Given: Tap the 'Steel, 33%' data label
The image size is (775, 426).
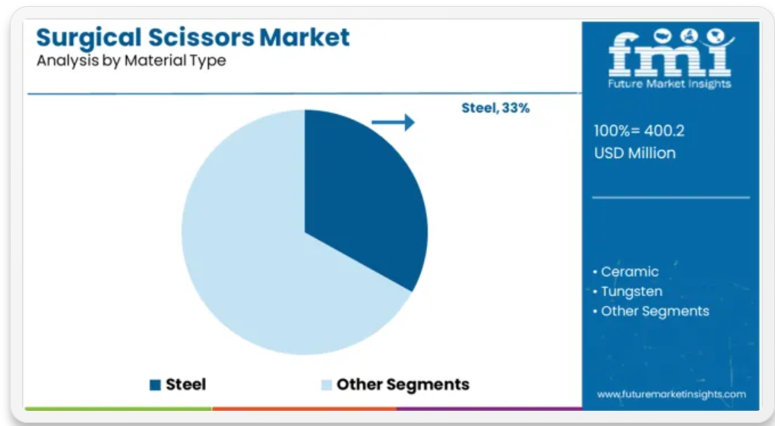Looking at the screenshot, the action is tap(495, 109).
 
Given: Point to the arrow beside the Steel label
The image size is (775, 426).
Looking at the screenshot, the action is tap(393, 122).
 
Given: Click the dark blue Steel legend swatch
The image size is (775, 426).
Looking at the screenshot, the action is tap(155, 385).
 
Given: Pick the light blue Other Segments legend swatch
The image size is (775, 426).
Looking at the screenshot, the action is tap(327, 385).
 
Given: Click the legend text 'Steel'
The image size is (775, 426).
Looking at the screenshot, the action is tap(186, 384).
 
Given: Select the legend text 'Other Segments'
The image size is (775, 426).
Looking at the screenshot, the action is tap(403, 384).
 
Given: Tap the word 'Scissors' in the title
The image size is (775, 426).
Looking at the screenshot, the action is tap(201, 37).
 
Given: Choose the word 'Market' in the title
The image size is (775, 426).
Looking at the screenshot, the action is tap(305, 37).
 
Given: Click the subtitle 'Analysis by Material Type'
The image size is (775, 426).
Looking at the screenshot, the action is tap(131, 61).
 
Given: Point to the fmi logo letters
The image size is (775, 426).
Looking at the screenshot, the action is tap(671, 52).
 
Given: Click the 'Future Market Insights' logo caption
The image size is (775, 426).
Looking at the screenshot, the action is tap(669, 84).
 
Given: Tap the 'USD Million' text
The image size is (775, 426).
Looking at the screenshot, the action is tap(634, 153).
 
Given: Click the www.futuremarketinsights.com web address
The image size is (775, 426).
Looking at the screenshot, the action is tap(671, 394).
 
